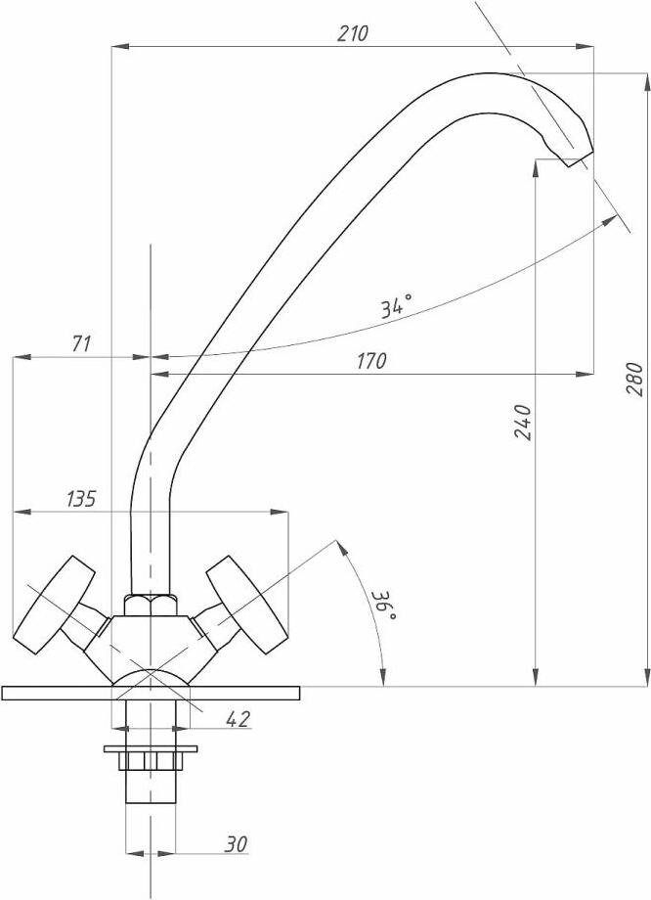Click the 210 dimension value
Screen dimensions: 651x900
pos(352,34)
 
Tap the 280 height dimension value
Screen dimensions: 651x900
pos(635,379)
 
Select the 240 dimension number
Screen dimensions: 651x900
pos(523,422)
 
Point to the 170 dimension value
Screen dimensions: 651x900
pos(371,361)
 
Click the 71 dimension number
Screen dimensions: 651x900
pos(81,343)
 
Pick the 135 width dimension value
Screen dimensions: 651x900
pos(81,499)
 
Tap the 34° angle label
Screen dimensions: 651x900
pos(397,306)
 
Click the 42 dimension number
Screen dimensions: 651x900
pos(239,719)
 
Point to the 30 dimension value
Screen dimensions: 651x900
pos(236,844)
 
